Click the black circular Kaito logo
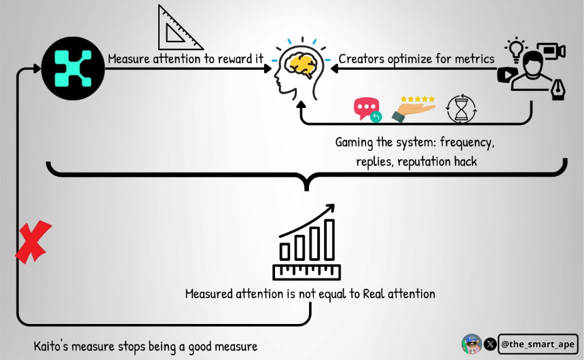[73, 68]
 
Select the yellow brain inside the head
[301, 66]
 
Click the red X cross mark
[33, 242]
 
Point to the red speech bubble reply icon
[367, 109]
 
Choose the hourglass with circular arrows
[461, 109]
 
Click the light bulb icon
[516, 50]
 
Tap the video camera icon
[551, 51]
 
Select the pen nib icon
[558, 90]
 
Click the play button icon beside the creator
[507, 75]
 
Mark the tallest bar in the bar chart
[329, 240]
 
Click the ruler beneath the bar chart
[306, 272]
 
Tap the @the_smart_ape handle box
[538, 344]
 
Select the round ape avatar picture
[471, 344]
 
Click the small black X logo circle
[490, 344]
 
